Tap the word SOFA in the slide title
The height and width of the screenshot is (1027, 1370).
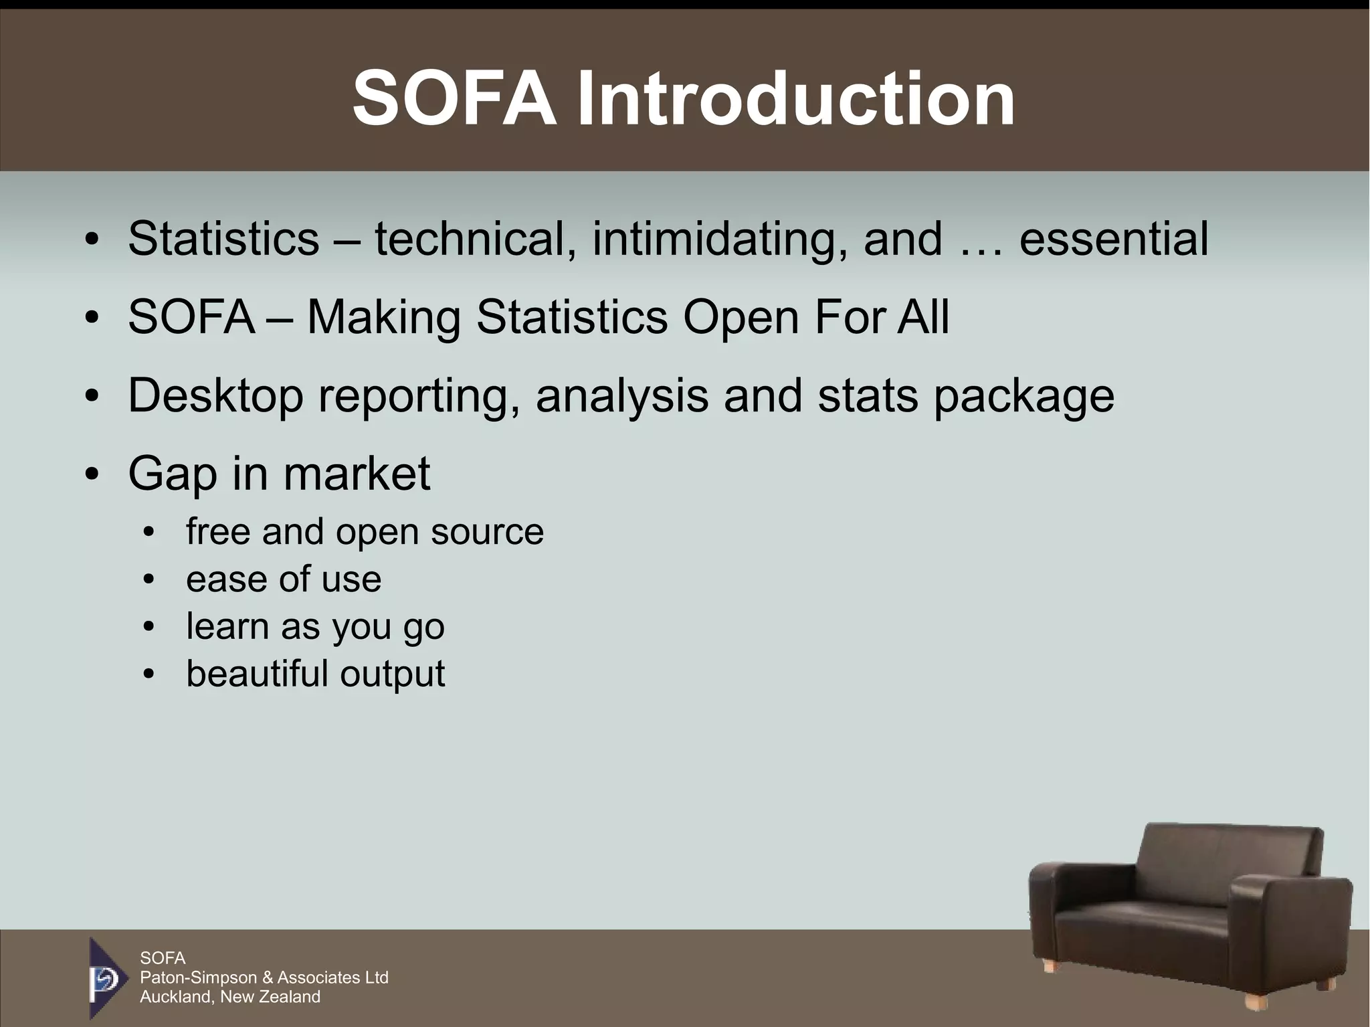pos(454,100)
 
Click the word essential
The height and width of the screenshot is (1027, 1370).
pos(1114,239)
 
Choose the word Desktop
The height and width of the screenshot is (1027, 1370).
pos(215,396)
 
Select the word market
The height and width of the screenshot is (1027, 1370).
pos(357,474)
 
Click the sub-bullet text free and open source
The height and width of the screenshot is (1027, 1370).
pos(365,532)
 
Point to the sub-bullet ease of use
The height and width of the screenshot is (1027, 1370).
pos(284,579)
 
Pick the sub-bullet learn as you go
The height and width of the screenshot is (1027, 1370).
pos(315,627)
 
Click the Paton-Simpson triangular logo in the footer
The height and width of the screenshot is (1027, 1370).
pos(106,977)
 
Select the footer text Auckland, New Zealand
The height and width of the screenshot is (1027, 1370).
pos(229,997)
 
